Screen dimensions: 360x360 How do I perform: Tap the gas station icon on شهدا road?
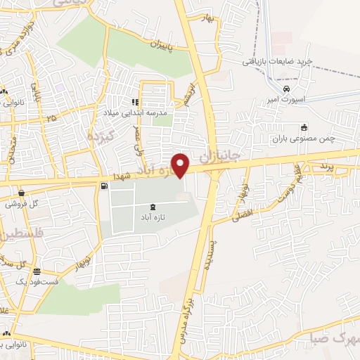(x=105, y=186)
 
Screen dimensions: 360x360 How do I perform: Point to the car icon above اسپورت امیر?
(x=286, y=90)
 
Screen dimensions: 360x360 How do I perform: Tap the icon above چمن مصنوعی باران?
(x=304, y=127)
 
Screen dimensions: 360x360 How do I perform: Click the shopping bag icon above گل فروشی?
(x=22, y=193)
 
